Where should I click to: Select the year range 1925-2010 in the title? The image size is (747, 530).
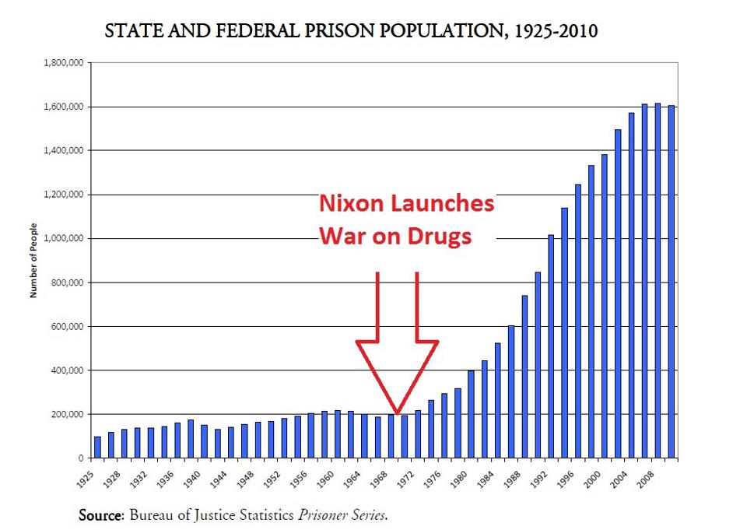tap(549, 32)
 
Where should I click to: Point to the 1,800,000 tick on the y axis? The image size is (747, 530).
tap(61, 62)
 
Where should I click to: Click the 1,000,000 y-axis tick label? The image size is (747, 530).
tap(61, 238)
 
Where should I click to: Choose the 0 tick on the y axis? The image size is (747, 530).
tap(79, 458)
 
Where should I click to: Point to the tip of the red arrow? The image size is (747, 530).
tap(397, 412)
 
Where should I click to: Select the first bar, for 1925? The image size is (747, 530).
tap(97, 447)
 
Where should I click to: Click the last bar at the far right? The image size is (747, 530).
tap(672, 282)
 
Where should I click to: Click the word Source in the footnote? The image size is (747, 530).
tap(100, 515)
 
